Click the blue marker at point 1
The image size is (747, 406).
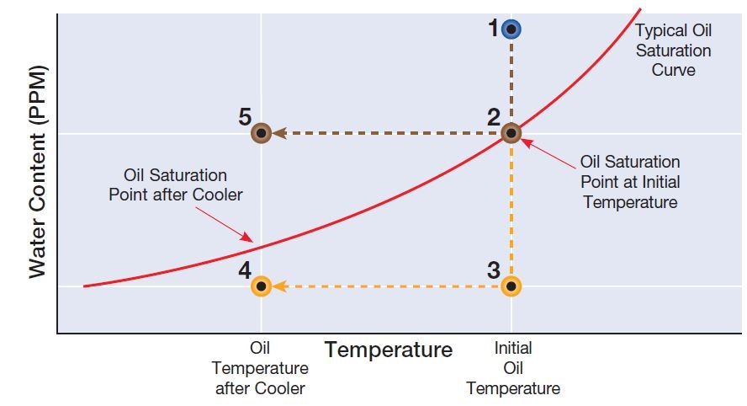(x=511, y=29)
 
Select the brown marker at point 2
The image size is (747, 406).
(x=511, y=132)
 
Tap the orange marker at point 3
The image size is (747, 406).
(x=511, y=286)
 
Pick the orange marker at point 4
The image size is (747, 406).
(x=261, y=286)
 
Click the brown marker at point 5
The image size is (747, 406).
(x=261, y=133)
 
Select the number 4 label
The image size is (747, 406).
(x=245, y=271)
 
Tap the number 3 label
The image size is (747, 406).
(x=494, y=271)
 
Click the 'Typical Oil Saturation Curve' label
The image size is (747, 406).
(x=673, y=51)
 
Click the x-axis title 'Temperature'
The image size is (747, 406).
(x=389, y=350)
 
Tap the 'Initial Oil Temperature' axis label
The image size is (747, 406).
(x=513, y=368)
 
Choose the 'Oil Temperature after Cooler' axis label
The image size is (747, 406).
(x=261, y=368)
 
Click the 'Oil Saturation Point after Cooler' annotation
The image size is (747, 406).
(x=175, y=184)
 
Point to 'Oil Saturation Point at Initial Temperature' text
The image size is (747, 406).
(x=630, y=181)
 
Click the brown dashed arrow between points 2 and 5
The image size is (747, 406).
(x=387, y=133)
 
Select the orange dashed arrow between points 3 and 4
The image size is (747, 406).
(x=387, y=286)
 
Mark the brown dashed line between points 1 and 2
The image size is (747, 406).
(x=511, y=80)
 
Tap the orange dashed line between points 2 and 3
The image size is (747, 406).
(x=511, y=211)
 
